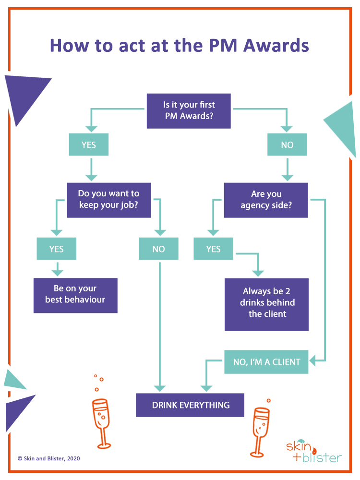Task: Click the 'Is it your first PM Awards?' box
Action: [x=189, y=111]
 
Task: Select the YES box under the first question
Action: [x=89, y=144]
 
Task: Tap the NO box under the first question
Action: [x=287, y=144]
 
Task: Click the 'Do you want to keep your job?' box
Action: [x=109, y=200]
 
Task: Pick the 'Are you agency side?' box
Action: [x=266, y=200]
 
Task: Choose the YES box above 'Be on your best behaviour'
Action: [x=56, y=249]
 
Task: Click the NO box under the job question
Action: [x=158, y=249]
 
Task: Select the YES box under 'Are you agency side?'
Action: [x=213, y=249]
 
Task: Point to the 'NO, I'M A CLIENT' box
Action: [x=266, y=362]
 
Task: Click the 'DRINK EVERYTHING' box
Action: [x=190, y=405]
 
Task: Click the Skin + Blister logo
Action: [x=313, y=452]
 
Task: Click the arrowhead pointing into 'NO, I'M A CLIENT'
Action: [x=312, y=360]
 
